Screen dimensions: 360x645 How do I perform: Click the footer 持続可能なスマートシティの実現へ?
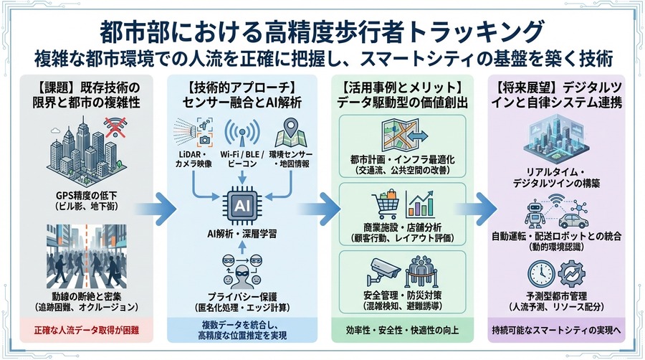point(560,331)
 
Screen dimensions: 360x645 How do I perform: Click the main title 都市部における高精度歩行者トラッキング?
point(322,32)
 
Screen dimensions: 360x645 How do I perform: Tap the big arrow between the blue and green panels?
point(329,208)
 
